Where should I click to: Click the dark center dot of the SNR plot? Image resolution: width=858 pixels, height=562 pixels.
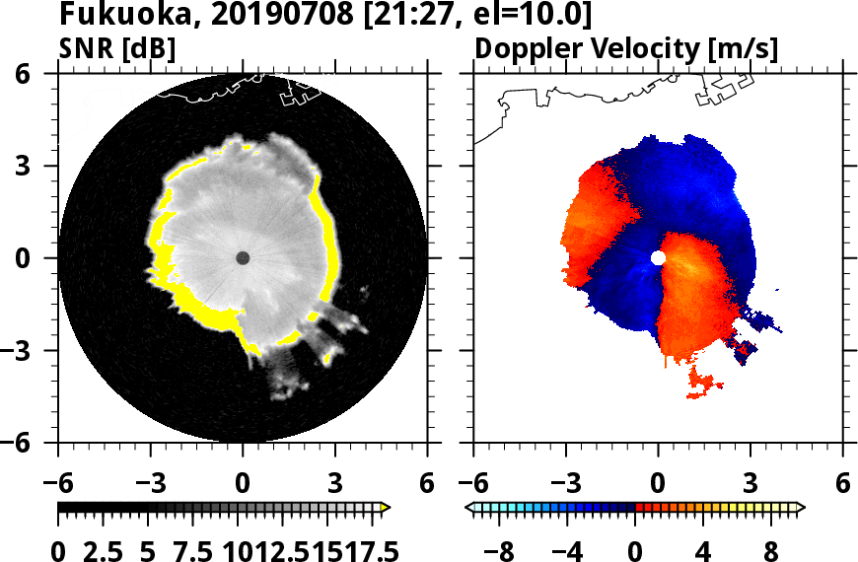(x=243, y=257)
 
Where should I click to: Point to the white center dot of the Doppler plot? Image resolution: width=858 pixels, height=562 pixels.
(x=658, y=257)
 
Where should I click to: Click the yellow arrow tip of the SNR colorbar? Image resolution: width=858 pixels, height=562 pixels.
(x=386, y=508)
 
